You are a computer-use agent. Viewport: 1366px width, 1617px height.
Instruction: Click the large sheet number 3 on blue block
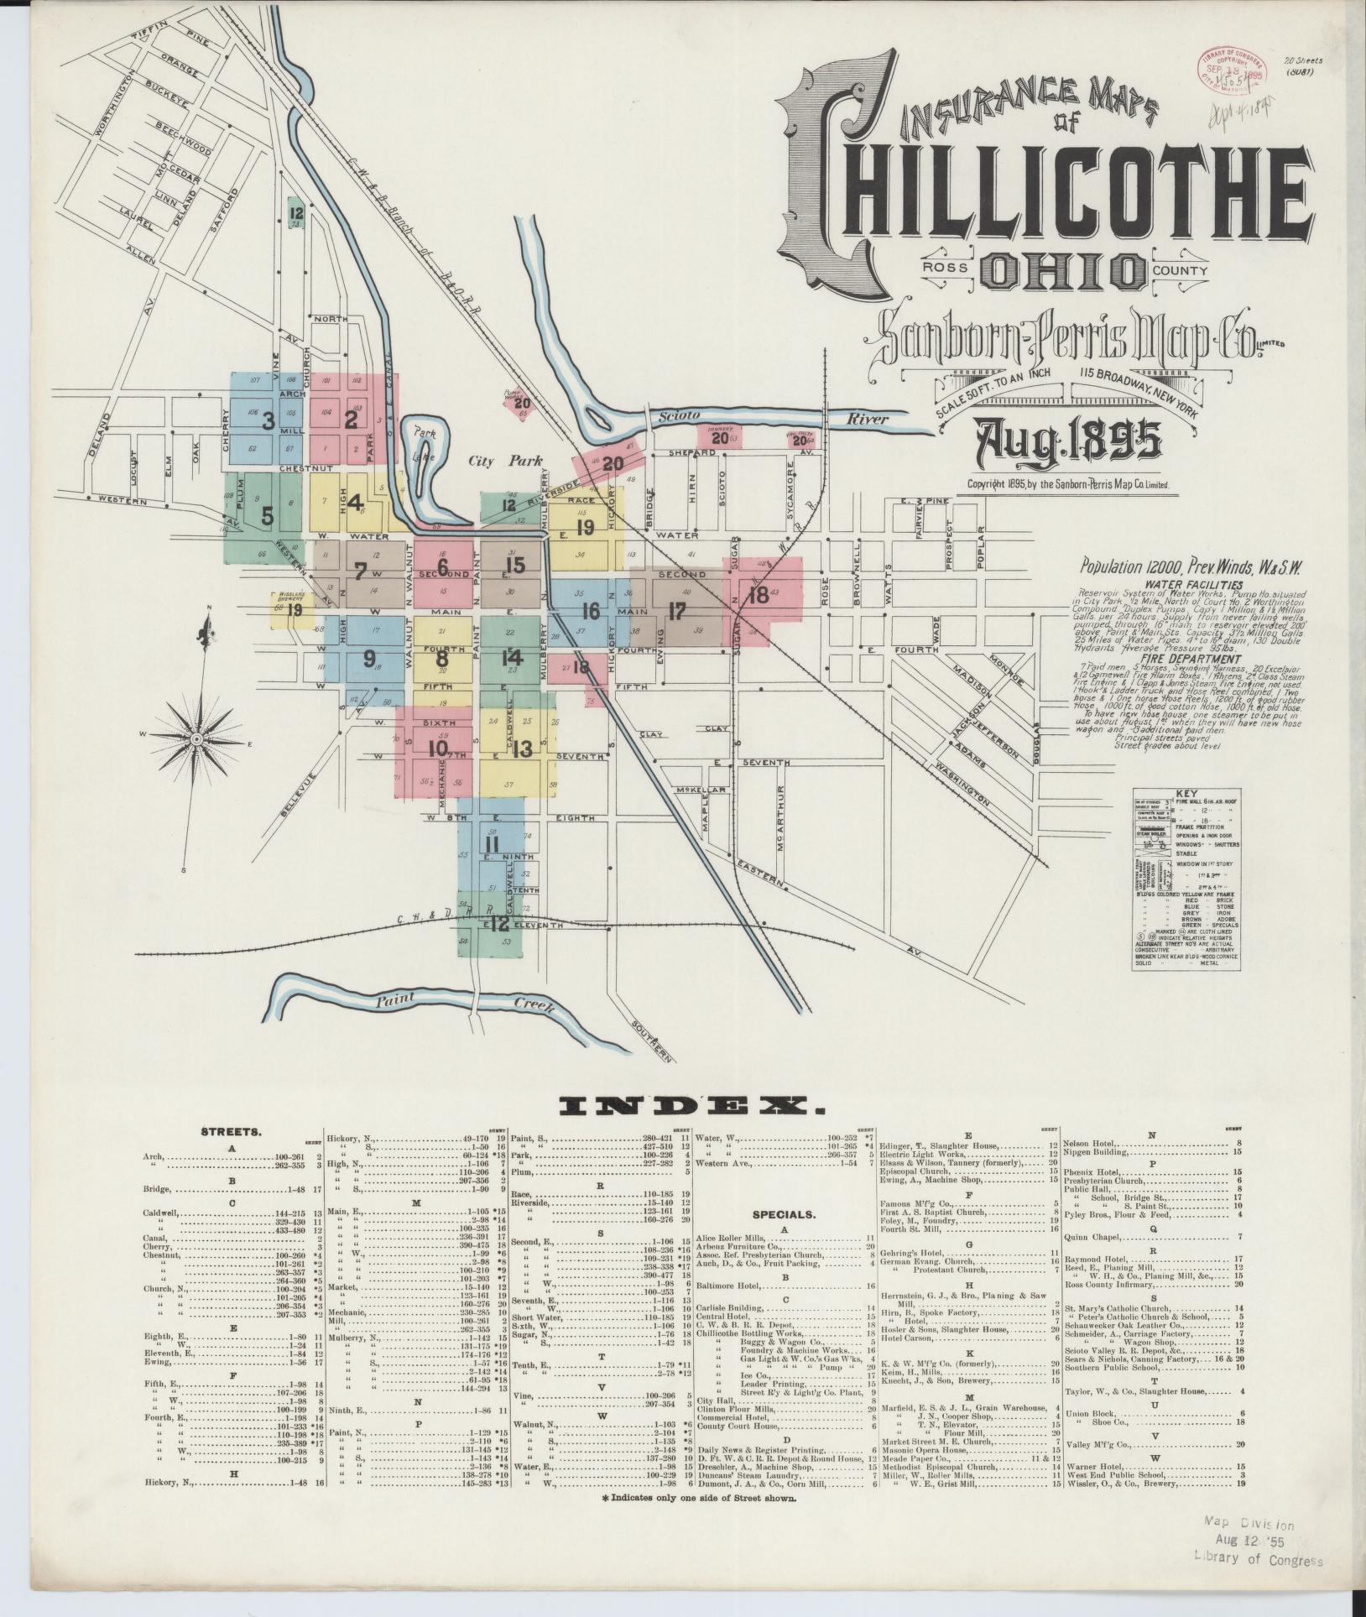pyautogui.click(x=269, y=421)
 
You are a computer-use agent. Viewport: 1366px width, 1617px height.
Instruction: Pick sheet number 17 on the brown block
pyautogui.click(x=678, y=610)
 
